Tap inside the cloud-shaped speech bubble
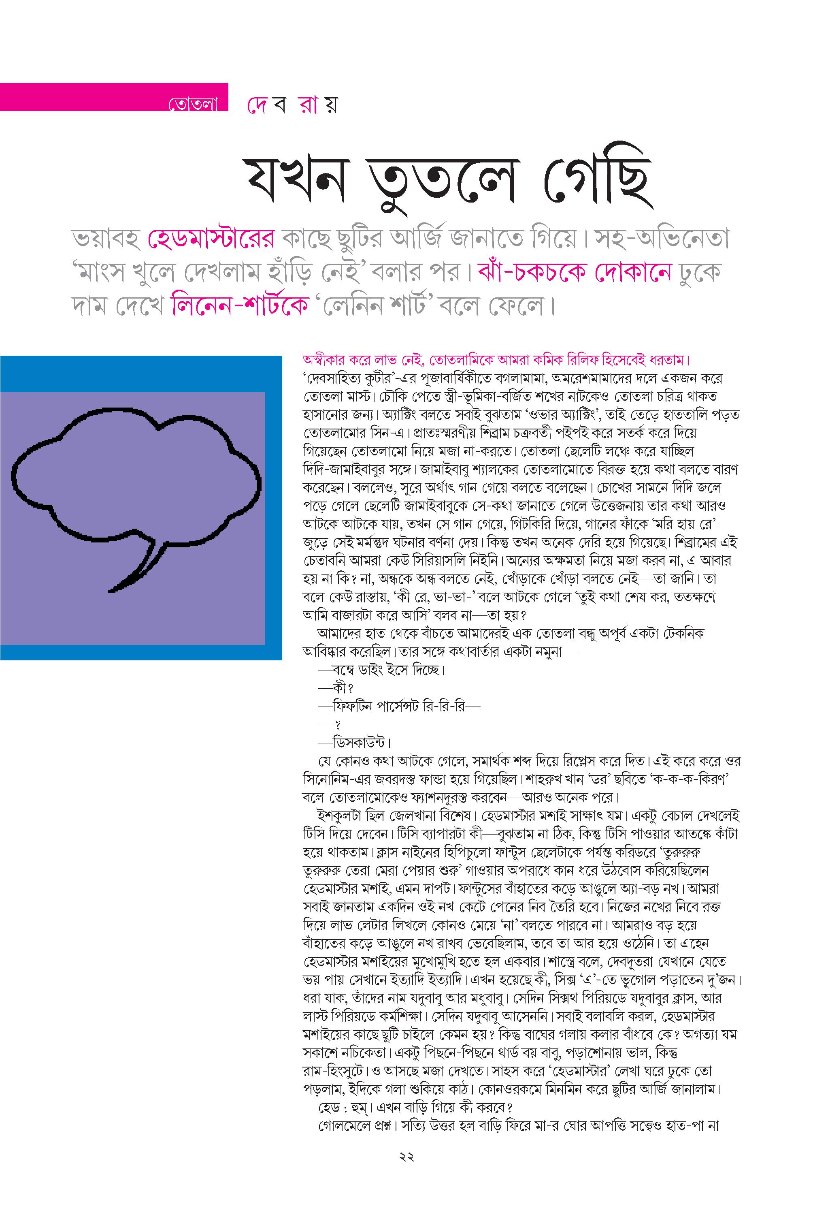[135, 477]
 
